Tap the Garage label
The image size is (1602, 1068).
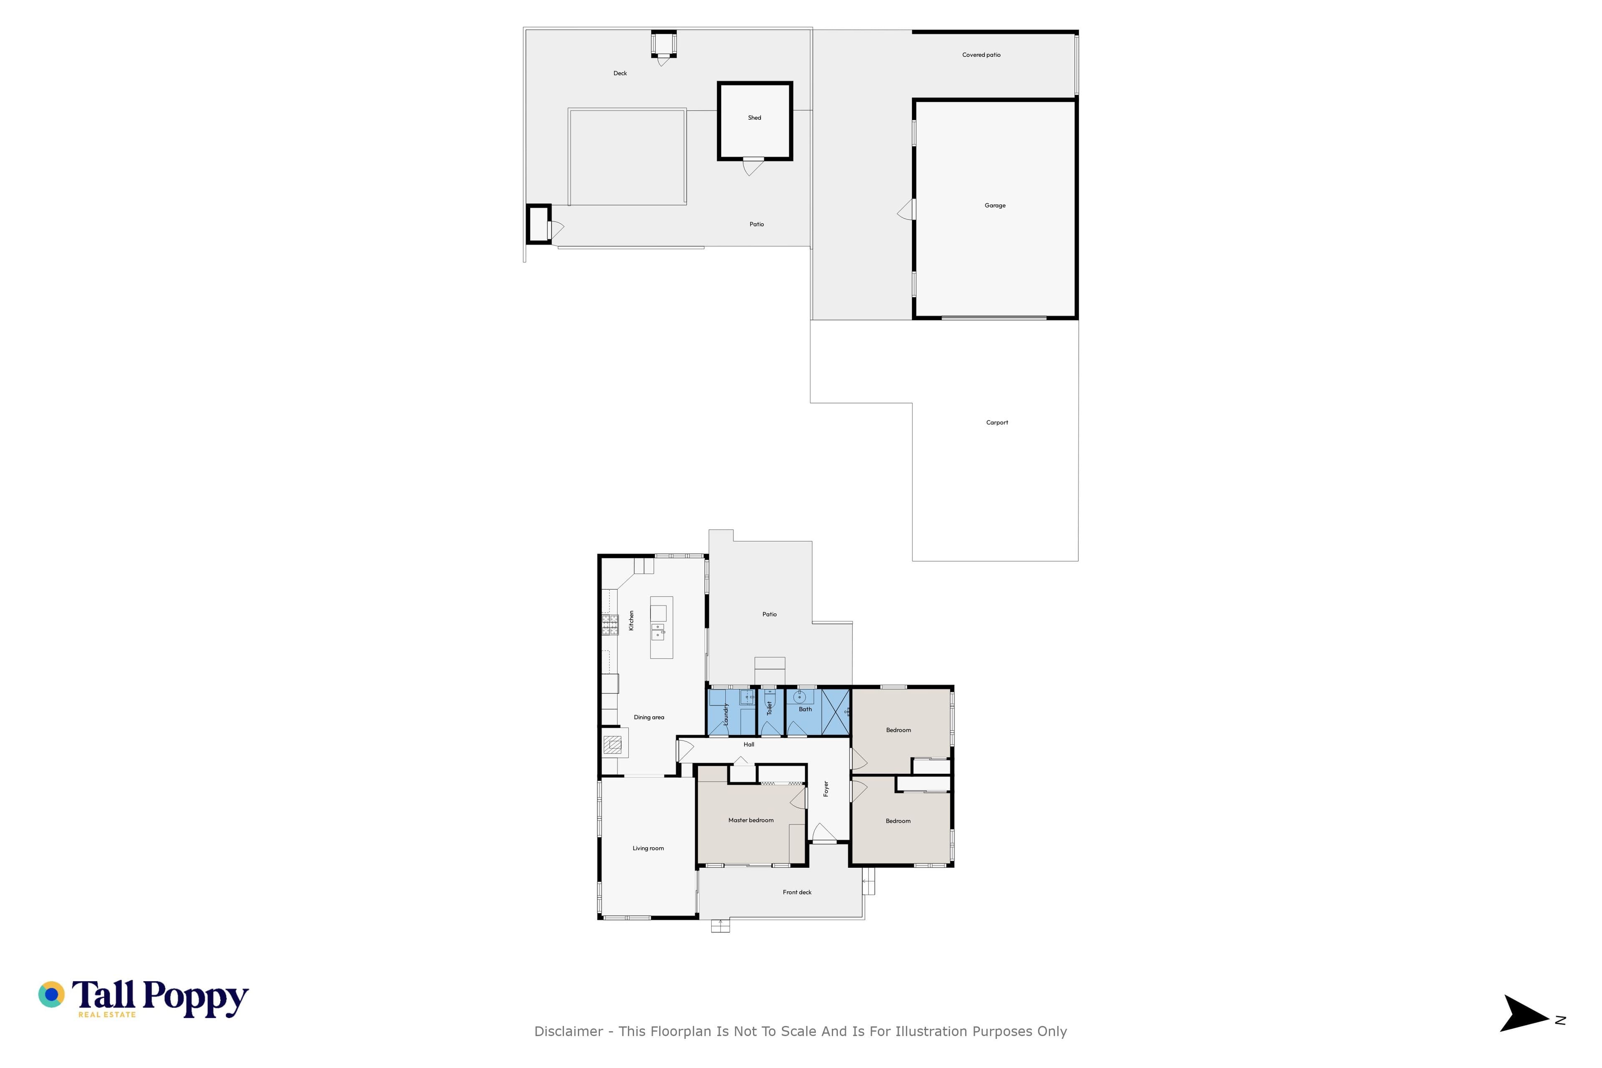[x=995, y=206]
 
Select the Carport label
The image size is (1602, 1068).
[x=997, y=422]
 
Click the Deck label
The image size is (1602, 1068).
[x=620, y=73]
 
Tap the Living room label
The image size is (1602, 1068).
[x=648, y=848]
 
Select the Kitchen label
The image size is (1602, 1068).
[x=631, y=620]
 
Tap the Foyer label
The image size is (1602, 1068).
[x=826, y=789]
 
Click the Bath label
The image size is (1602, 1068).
[x=805, y=709]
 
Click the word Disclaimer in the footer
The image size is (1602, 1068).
[x=569, y=1032]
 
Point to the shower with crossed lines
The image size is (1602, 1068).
[x=836, y=712]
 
